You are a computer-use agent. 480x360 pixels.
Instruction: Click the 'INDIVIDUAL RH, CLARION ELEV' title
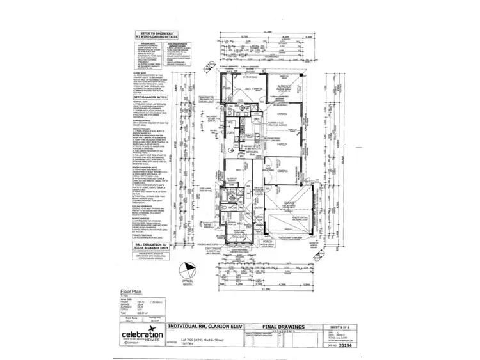tap(205, 324)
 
